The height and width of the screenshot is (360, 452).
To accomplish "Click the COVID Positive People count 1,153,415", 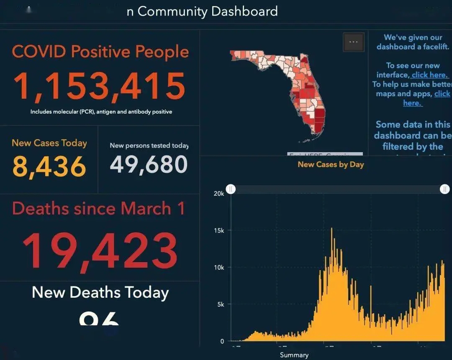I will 99,87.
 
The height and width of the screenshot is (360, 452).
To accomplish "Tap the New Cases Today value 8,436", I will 49,166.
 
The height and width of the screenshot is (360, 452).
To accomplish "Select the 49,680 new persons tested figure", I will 149,164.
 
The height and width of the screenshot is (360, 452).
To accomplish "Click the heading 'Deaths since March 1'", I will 98,208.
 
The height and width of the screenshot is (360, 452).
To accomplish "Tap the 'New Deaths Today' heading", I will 100,292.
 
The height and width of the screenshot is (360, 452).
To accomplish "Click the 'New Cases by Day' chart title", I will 331,164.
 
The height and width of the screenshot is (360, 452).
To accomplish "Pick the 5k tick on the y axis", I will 221,304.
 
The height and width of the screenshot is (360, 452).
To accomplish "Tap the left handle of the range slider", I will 231,189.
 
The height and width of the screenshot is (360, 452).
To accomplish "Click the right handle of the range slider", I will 444,189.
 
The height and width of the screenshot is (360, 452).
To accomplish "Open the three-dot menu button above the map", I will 353,42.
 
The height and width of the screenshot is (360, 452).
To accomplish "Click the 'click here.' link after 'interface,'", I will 430,75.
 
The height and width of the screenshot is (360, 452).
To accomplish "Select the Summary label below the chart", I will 294,355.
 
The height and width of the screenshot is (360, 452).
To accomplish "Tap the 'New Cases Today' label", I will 49,143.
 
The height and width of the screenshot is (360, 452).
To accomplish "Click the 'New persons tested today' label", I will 149,146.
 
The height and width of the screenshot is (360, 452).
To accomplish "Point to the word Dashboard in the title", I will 244,11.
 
